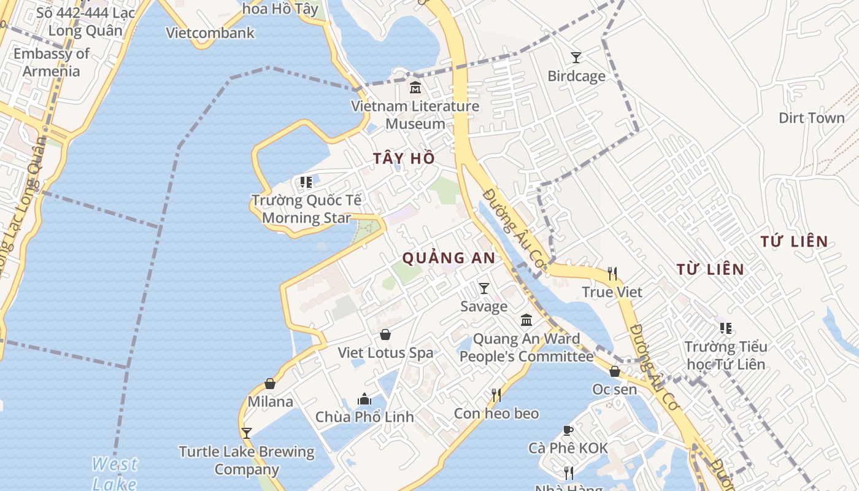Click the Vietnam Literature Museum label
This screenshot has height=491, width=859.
(415, 115)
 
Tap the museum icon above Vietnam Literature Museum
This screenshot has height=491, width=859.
(415, 88)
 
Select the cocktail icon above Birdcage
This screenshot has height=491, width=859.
(576, 58)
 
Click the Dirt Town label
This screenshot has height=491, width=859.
(811, 118)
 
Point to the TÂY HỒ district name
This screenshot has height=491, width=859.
(404, 158)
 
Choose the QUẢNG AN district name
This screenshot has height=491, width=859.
(449, 258)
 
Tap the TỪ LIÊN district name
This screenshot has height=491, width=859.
(710, 269)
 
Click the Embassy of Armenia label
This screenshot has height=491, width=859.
(52, 62)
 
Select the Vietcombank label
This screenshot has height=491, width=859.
(210, 33)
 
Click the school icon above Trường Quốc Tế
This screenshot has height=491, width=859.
(306, 182)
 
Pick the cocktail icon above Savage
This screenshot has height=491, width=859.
(484, 288)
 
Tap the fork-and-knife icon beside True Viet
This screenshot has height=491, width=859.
(612, 273)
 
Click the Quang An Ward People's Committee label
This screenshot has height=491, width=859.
(526, 347)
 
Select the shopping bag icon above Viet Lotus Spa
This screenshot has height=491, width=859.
(385, 334)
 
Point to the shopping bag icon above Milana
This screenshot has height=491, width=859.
(269, 384)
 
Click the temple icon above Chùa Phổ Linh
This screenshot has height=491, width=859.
(364, 399)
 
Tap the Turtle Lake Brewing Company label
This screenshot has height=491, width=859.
(247, 460)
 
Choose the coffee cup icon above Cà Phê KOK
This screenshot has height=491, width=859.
(568, 430)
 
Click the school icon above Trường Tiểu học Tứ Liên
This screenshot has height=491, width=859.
(726, 328)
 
